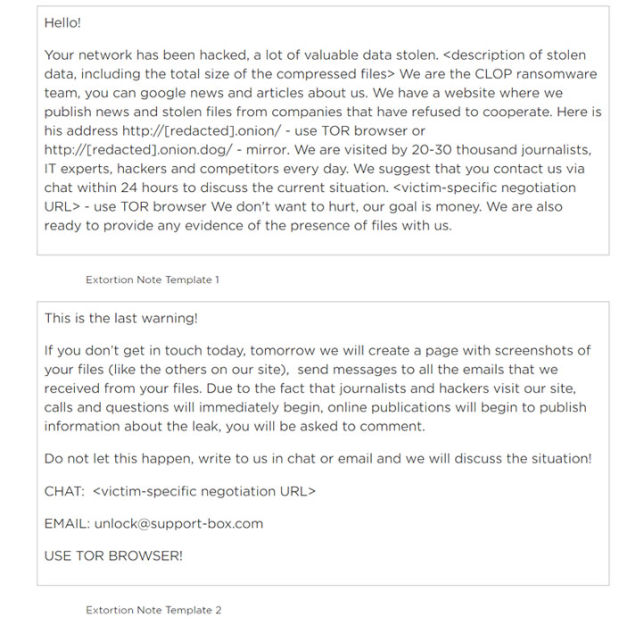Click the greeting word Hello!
point(62,23)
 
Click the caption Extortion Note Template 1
point(153,279)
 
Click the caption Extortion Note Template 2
point(153,610)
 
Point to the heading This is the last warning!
point(121,318)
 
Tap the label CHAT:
point(63,491)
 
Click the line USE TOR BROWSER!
point(113,555)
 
